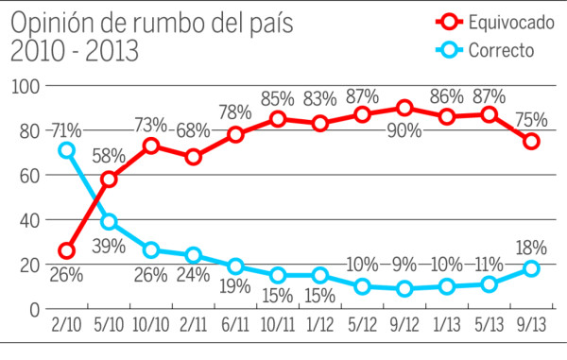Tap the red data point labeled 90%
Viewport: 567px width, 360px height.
tap(404, 108)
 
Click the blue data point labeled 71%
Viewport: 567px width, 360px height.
tap(66, 150)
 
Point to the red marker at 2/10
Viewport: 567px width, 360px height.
tap(66, 250)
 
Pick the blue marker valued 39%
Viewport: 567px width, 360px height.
tap(109, 221)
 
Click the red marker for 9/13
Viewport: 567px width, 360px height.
tap(531, 141)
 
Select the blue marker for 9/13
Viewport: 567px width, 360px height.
tap(531, 268)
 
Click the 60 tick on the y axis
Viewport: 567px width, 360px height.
tap(27, 176)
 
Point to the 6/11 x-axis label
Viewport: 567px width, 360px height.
tap(234, 324)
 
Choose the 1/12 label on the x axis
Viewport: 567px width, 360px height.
tap(319, 324)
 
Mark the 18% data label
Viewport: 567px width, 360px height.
tap(531, 248)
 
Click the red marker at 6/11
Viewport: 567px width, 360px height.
tap(234, 134)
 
